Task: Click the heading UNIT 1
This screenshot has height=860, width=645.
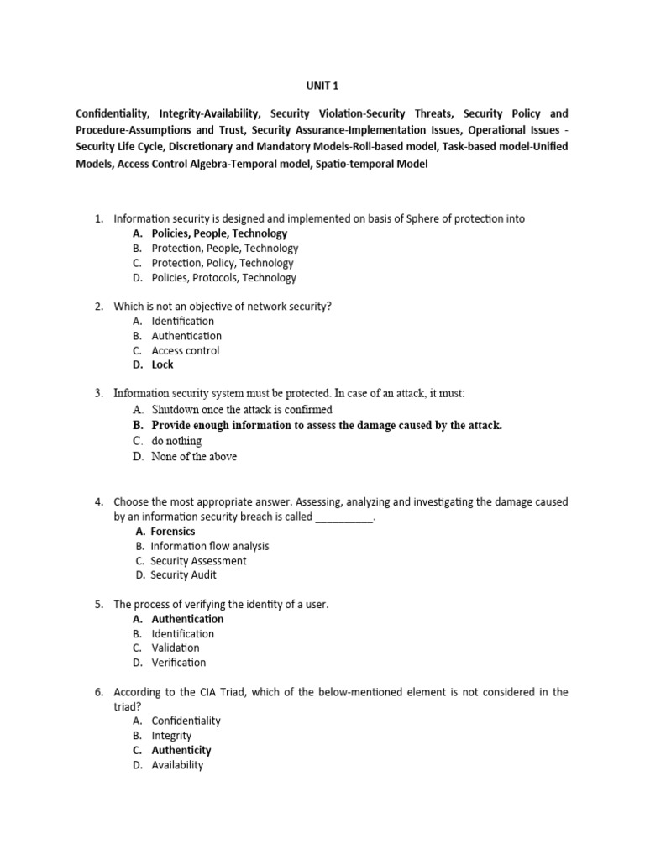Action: click(x=322, y=85)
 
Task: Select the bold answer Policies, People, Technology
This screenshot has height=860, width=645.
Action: click(x=219, y=233)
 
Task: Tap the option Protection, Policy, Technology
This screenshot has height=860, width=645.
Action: click(x=223, y=263)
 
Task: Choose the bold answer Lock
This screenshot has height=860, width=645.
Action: click(x=163, y=364)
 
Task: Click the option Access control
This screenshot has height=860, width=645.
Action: click(x=186, y=350)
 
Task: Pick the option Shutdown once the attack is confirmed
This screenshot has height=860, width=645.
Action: click(x=242, y=410)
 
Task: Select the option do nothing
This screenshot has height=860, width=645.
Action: click(x=176, y=440)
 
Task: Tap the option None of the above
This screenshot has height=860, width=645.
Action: click(x=194, y=456)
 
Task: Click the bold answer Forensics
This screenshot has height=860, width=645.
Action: click(x=173, y=531)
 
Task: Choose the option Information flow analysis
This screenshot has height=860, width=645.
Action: click(x=210, y=546)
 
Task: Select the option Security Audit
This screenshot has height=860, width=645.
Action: click(x=183, y=574)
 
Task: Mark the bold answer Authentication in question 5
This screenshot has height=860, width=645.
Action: click(x=187, y=619)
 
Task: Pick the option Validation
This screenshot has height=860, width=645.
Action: click(x=176, y=648)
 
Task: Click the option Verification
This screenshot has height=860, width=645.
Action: click(x=178, y=663)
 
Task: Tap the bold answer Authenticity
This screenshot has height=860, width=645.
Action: click(x=181, y=750)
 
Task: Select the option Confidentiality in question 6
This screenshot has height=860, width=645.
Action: click(x=186, y=721)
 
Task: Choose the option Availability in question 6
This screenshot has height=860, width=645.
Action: click(x=177, y=765)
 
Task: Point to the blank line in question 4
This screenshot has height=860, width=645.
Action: click(x=343, y=517)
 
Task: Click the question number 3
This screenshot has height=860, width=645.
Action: click(x=98, y=393)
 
